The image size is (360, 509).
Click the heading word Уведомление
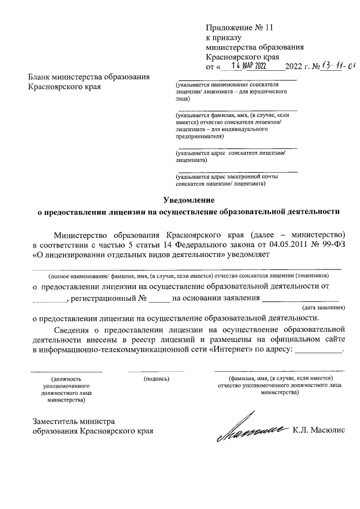pyautogui.click(x=189, y=200)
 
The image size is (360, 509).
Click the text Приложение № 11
pyautogui.click(x=232, y=27)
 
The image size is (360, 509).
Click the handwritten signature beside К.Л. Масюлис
pyautogui.click(x=253, y=431)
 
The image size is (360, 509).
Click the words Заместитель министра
pyautogui.click(x=74, y=421)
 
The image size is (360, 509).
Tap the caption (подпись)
pyautogui.click(x=156, y=379)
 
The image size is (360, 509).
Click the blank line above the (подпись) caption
pyautogui.click(x=156, y=371)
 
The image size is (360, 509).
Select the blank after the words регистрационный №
pyautogui.click(x=159, y=299)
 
